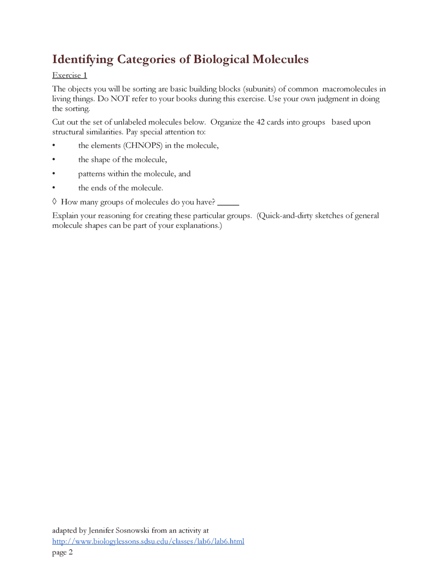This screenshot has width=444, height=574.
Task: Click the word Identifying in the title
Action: click(83, 59)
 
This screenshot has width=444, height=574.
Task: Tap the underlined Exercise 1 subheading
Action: click(69, 75)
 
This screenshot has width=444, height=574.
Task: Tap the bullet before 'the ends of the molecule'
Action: click(54, 188)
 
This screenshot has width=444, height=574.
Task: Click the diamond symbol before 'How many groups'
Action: click(54, 202)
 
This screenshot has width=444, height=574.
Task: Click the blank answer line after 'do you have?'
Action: click(228, 203)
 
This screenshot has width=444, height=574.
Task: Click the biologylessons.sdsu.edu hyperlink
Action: click(148, 541)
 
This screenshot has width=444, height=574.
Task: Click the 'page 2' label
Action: click(62, 553)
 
